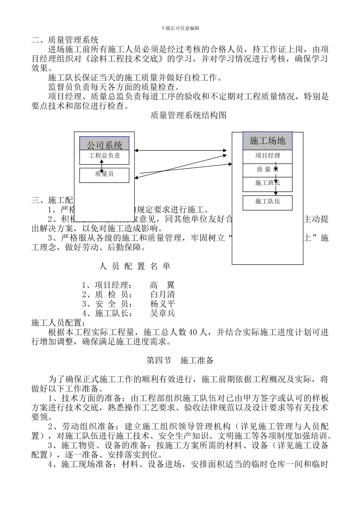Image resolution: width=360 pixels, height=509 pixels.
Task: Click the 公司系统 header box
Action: pos(104,144)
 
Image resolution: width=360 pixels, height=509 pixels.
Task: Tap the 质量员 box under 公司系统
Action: pos(104,175)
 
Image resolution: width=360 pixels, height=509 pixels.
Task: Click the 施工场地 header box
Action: pos(268,141)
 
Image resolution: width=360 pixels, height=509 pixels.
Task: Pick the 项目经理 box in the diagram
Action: pos(268,156)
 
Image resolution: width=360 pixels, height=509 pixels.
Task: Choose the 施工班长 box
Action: pos(268,184)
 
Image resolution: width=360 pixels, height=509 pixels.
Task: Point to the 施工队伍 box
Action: pos(268,202)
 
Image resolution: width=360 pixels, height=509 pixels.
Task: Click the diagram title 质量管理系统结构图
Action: pos(188,116)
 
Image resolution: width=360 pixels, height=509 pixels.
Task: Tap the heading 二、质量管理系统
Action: pos(65,40)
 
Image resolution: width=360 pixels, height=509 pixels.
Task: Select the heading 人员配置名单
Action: pos(135,266)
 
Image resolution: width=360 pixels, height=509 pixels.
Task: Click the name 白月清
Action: pos(163,294)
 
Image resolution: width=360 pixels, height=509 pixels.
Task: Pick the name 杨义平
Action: pos(163,304)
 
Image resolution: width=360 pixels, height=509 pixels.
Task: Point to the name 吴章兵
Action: pos(163,313)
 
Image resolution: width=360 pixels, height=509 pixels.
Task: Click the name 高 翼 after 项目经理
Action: pos(162,285)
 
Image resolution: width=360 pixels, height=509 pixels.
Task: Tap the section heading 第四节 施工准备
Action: pos(180,361)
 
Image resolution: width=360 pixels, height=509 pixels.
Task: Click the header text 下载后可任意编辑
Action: pos(180,28)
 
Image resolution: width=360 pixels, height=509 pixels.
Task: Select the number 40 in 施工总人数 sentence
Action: pos(193,333)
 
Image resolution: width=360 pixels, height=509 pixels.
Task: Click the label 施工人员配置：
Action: pos(58,323)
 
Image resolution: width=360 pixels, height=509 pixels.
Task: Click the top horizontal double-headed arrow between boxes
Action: pos(181,151)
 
